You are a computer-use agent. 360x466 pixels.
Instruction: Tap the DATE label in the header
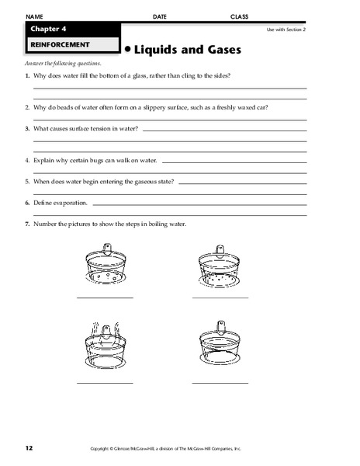tap(160, 16)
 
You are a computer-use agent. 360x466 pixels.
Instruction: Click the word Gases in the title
tap(218, 50)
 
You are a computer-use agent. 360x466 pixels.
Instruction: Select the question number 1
tap(27, 75)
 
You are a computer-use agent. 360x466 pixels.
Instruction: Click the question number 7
tap(27, 224)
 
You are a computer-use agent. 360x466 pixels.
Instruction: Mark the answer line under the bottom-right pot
tap(221, 382)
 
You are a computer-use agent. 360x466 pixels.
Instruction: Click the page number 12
tap(29, 448)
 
